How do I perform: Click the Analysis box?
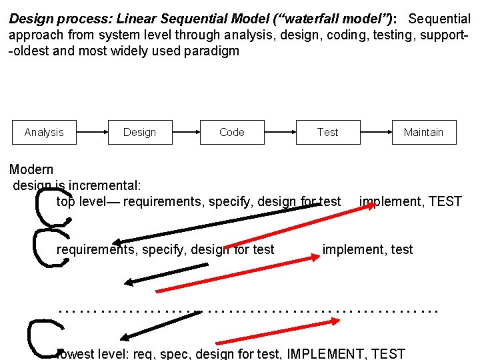[44, 132]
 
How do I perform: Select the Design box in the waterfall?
[140, 132]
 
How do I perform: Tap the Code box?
[232, 132]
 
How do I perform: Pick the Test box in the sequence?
[328, 132]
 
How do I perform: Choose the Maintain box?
[423, 132]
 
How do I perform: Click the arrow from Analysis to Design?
[92, 132]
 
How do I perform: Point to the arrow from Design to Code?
[187, 132]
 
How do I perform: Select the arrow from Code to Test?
[281, 132]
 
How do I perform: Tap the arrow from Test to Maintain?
[377, 132]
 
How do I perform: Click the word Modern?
[31, 170]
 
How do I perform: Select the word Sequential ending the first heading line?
[439, 18]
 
